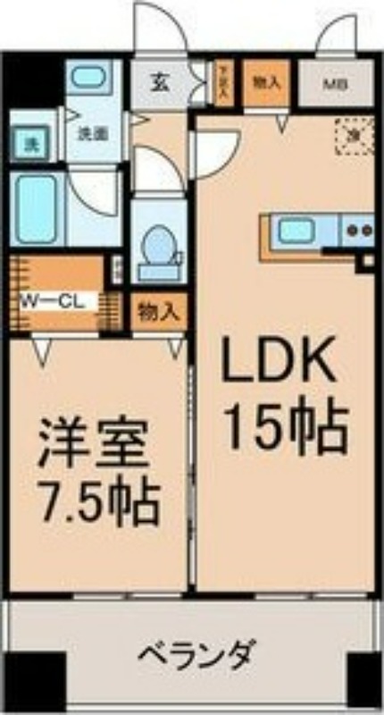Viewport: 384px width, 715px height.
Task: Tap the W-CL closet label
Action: point(53,301)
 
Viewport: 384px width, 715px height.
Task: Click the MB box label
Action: point(334,85)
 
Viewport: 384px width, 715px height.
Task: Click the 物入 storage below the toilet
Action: point(159,313)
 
